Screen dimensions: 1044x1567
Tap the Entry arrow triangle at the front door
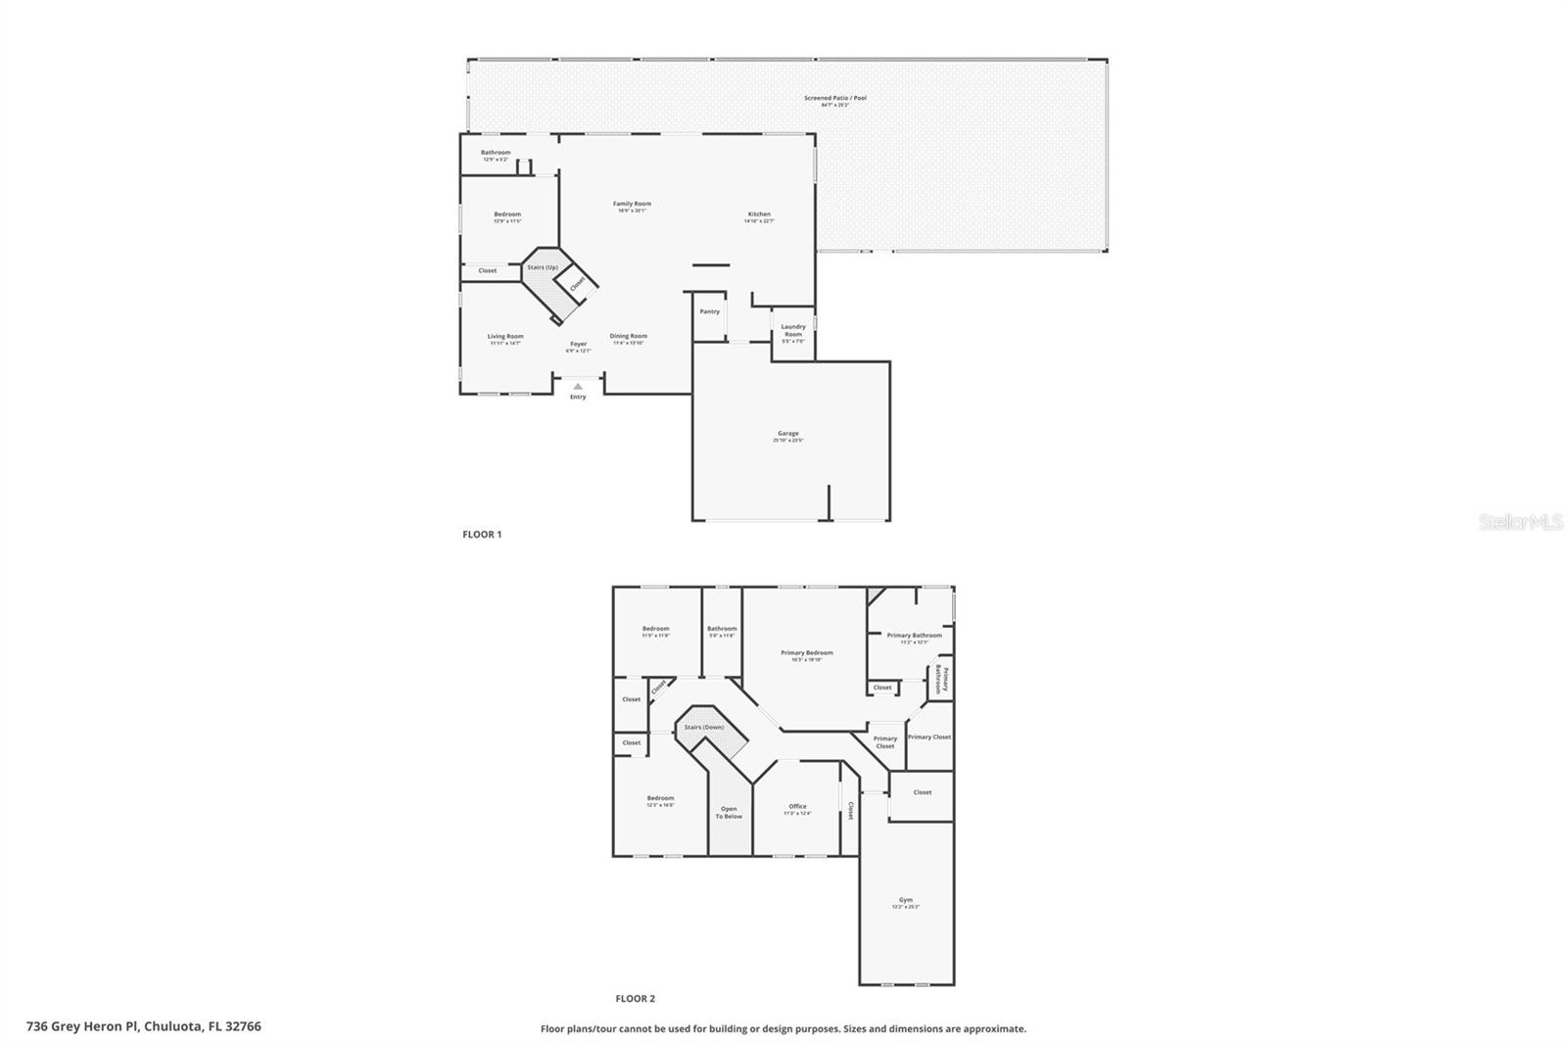pyautogui.click(x=578, y=386)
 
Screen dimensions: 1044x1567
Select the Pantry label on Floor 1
pyautogui.click(x=709, y=311)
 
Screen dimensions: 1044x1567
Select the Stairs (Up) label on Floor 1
pyautogui.click(x=542, y=267)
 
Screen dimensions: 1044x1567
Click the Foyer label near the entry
pyautogui.click(x=578, y=345)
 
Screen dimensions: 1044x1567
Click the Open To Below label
pyautogui.click(x=728, y=812)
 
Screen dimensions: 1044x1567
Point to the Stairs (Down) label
pyautogui.click(x=703, y=727)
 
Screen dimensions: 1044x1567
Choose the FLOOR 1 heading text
pyautogui.click(x=482, y=535)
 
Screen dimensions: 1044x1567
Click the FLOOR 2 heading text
pyautogui.click(x=635, y=999)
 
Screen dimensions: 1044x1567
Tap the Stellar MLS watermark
pyautogui.click(x=1520, y=523)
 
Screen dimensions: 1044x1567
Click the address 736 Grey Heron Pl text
pyautogui.click(x=144, y=1026)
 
